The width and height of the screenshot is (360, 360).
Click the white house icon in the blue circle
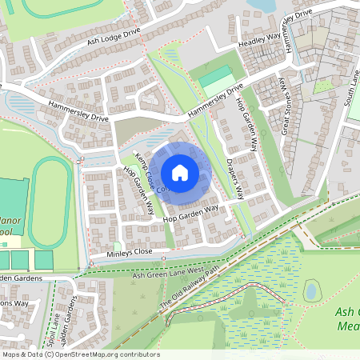click(x=180, y=172)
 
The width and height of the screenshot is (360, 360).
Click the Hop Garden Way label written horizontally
click(x=190, y=212)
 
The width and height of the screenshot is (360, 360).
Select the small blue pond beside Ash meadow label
click(x=313, y=290)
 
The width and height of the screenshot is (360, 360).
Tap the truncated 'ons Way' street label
click(x=14, y=304)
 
